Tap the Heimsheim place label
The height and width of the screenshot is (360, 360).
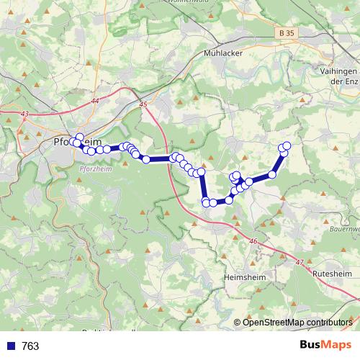point(245,276)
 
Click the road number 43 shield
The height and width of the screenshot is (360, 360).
point(25,114)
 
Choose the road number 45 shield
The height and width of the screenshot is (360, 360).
point(143,105)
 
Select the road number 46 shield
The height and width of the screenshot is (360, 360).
point(253,242)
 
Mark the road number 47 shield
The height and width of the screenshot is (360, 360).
point(299,263)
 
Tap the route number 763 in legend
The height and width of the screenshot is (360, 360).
point(31,346)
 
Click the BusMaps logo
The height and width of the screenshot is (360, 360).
point(325,345)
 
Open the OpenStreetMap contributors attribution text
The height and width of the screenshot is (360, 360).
point(297,322)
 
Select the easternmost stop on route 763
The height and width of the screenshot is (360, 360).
point(287,146)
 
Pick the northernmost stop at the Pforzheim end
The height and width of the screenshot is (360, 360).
point(79,137)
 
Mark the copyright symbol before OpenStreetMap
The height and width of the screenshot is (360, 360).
point(238,322)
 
